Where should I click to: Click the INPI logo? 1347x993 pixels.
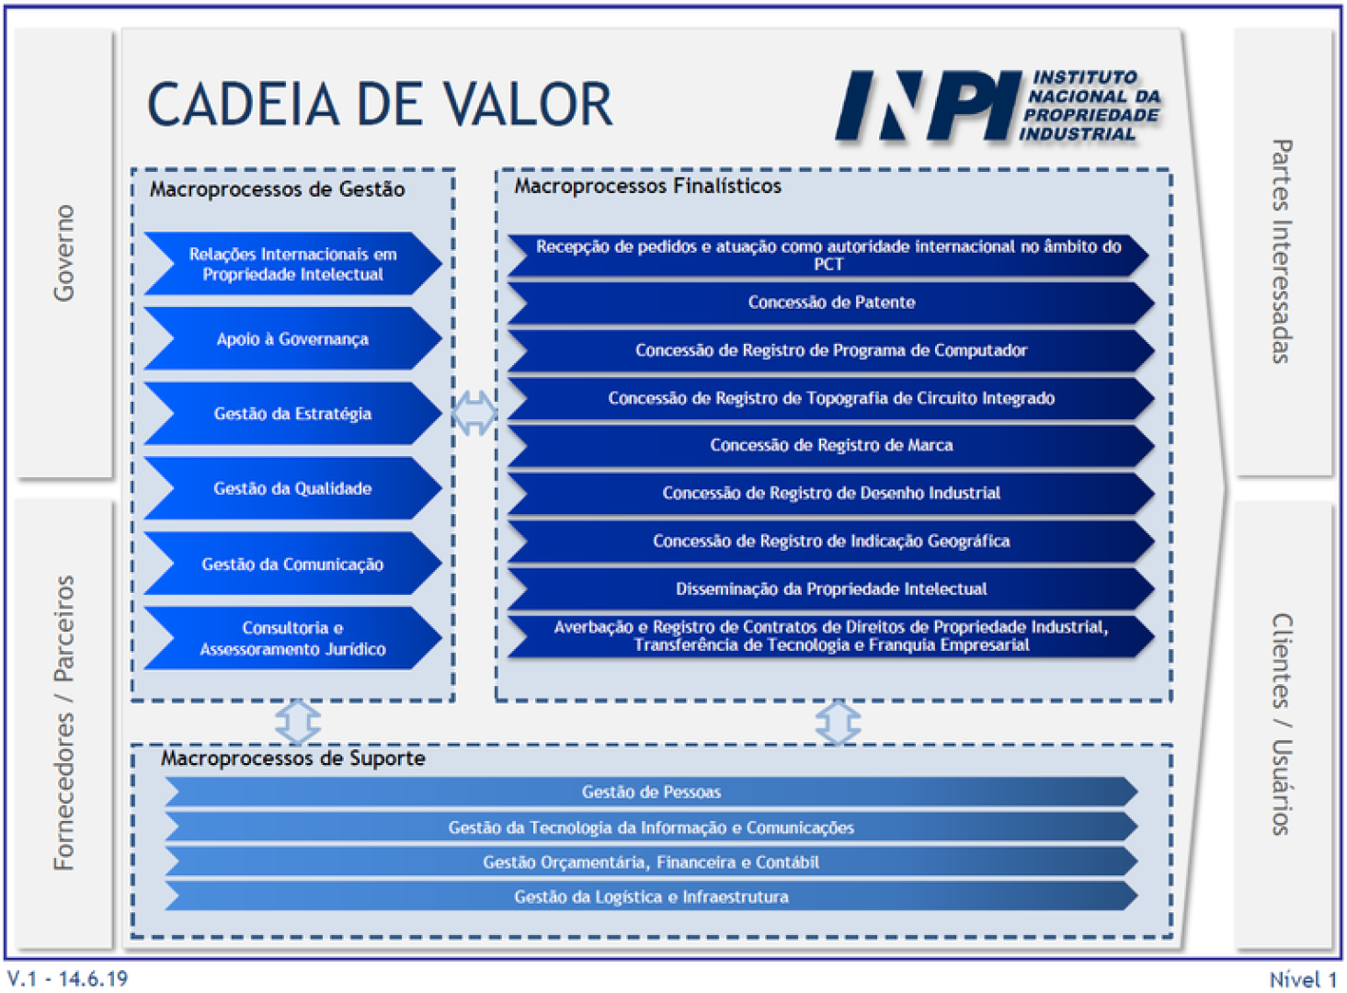coord(998,106)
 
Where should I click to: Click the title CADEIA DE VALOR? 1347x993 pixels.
coord(380,105)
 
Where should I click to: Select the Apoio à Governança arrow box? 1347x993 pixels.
coord(292,339)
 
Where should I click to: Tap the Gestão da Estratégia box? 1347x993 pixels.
coord(292,414)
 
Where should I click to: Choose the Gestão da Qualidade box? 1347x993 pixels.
coord(292,488)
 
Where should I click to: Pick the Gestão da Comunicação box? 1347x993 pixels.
coord(292,564)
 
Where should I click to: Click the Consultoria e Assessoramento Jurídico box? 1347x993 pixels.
coord(292,638)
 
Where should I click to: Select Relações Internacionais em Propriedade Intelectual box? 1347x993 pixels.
coord(292,264)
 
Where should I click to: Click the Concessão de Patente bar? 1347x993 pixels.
coord(830,302)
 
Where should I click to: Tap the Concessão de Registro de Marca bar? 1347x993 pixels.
coord(830,445)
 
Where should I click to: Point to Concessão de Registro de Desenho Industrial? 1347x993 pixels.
coord(830,493)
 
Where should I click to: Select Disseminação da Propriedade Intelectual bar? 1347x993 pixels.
coord(830,588)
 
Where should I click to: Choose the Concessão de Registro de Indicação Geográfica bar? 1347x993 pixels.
coord(830,541)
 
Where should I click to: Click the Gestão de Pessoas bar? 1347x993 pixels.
coord(651,792)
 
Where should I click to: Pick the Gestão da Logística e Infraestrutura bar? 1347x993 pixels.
coord(651,896)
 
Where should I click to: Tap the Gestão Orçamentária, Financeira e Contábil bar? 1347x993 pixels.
coord(651,862)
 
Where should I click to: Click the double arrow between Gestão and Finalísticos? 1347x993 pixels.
coord(474,413)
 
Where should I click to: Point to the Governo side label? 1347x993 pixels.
coord(63,253)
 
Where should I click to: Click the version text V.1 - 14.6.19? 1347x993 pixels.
coord(68,978)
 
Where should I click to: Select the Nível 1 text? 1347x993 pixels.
coord(1302,979)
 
